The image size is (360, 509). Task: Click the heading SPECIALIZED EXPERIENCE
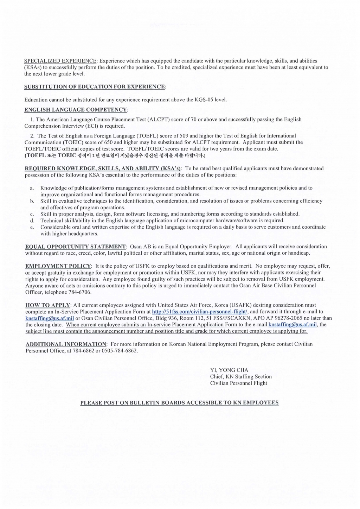click(x=60, y=61)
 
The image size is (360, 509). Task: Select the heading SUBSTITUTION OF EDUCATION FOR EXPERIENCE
click(x=94, y=87)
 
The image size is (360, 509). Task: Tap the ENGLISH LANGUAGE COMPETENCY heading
click(x=76, y=110)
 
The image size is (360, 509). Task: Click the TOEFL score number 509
click(x=184, y=136)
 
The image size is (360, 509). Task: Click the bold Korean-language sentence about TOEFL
click(x=114, y=155)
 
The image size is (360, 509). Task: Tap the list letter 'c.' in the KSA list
click(x=32, y=214)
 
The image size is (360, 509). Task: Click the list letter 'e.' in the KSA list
click(x=32, y=227)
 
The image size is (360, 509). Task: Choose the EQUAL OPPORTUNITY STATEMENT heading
click(x=76, y=247)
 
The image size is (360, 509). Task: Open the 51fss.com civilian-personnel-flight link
click(x=200, y=312)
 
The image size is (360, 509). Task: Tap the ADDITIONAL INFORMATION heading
click(x=66, y=344)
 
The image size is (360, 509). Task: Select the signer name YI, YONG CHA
click(x=229, y=370)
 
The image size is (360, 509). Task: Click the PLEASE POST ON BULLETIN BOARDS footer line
click(x=179, y=403)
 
